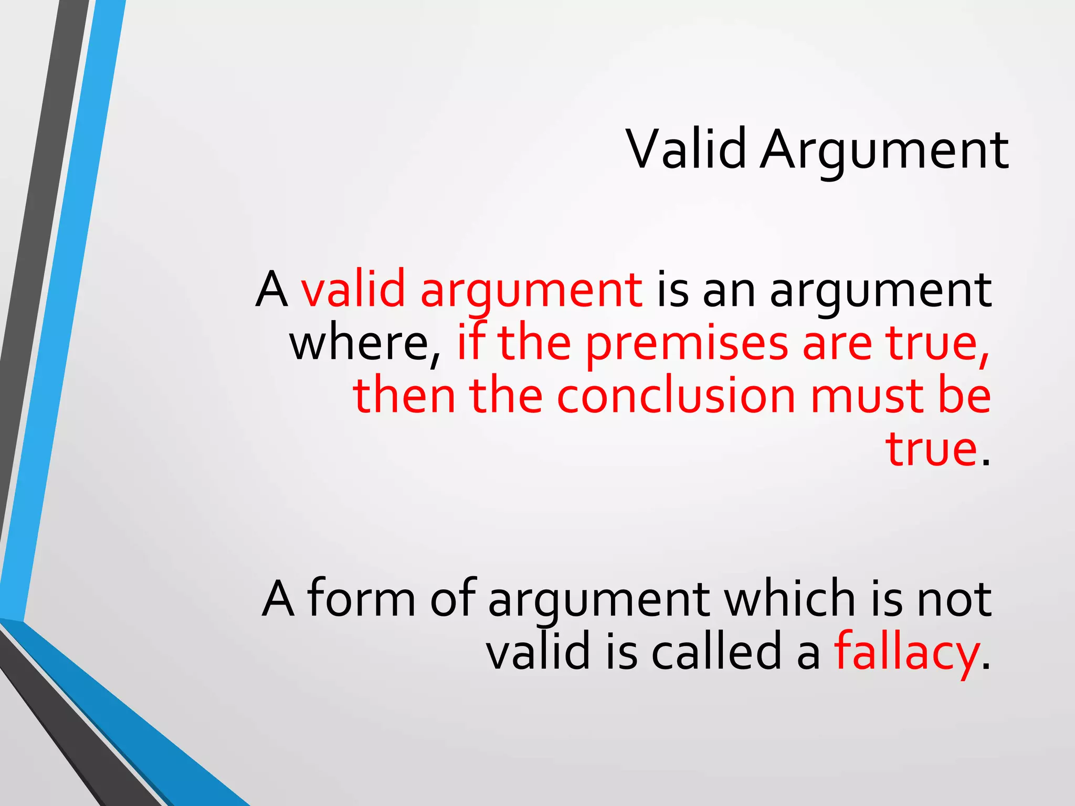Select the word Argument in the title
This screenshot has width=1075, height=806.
(884, 152)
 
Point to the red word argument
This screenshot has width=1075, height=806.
(531, 292)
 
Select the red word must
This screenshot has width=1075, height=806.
(867, 396)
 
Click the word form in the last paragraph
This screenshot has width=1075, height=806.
(362, 598)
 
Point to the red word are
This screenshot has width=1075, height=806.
(837, 344)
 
